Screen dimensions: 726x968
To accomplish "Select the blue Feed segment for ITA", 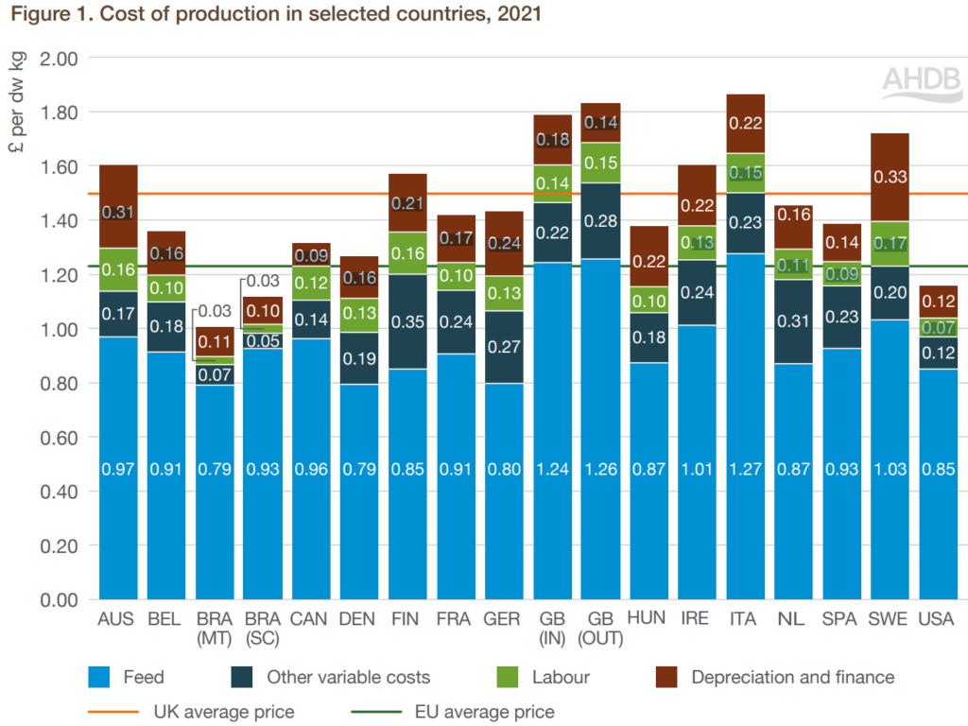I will pos(746,425).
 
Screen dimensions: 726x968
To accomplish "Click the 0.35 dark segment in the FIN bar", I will pos(407,321).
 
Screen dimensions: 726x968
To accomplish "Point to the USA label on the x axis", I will pos(939,619).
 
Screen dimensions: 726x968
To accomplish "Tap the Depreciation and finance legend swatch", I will pos(669,677).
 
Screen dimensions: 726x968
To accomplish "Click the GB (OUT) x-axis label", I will pos(600,628).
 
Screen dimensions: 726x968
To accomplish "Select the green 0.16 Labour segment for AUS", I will pos(117,270).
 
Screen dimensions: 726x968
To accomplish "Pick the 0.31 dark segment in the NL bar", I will pos(794,321).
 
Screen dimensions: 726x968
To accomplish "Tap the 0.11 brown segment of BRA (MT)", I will pos(215,342).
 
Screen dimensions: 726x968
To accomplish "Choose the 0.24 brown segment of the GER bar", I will pos(504,244).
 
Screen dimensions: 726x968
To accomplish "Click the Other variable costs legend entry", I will pos(348,677).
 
